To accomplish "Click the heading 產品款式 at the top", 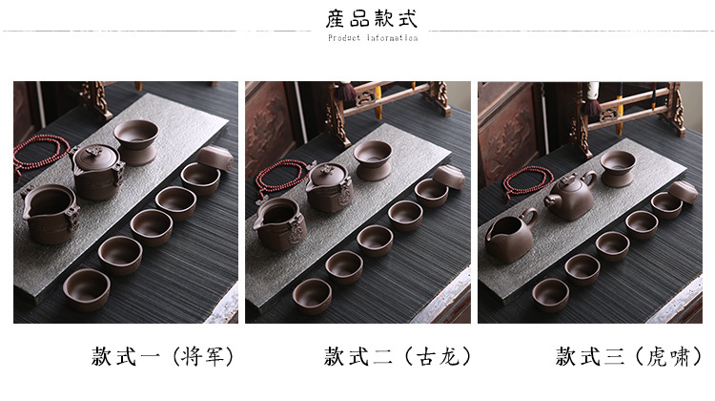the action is (x=372, y=19).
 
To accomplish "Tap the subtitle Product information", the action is (x=373, y=38).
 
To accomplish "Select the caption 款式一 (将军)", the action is (x=163, y=356).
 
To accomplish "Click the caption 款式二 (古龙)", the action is (x=398, y=356).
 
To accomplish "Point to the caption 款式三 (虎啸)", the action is (x=629, y=356).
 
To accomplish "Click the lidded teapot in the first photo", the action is (x=97, y=171).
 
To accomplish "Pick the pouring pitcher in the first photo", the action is (x=51, y=213).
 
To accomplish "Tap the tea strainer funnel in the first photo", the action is (x=136, y=141).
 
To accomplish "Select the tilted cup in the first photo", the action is (x=214, y=158).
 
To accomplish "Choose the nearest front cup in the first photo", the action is (x=87, y=289).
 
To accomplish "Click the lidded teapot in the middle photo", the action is (x=329, y=186).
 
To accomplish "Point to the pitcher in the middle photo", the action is (x=281, y=223).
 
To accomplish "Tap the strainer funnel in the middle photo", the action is (x=373, y=159).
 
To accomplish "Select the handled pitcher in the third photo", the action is (x=511, y=236).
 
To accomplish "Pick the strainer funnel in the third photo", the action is (x=618, y=169).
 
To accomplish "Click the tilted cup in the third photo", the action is (x=684, y=192).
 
